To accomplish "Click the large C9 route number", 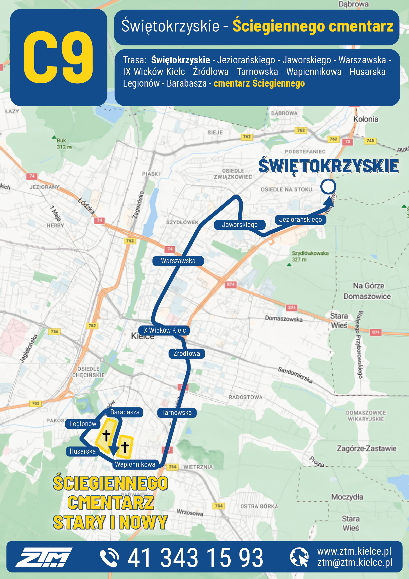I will pyautogui.click(x=59, y=57).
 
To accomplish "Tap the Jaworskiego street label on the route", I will pyautogui.click(x=239, y=224).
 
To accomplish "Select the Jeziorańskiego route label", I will pyautogui.click(x=300, y=219).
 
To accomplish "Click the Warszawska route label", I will pyautogui.click(x=178, y=261).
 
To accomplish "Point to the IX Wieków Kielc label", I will pyautogui.click(x=164, y=330).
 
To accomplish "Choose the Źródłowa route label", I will pyautogui.click(x=187, y=353).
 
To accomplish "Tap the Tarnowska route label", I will pyautogui.click(x=177, y=413).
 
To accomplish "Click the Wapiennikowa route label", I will pyautogui.click(x=135, y=464).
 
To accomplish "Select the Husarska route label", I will pyautogui.click(x=83, y=451).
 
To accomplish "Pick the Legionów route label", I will pyautogui.click(x=83, y=424).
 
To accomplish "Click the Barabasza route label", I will pyautogui.click(x=125, y=412).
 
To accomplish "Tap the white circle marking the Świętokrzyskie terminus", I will pyautogui.click(x=328, y=187).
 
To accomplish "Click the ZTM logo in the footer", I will pyautogui.click(x=44, y=557).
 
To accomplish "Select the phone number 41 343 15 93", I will pyautogui.click(x=195, y=558).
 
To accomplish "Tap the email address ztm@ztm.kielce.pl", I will pyautogui.click(x=355, y=563).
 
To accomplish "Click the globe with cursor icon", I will pyautogui.click(x=299, y=557).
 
